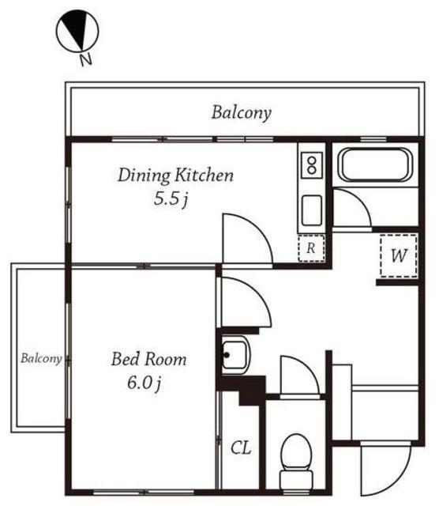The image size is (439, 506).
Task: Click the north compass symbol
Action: (77, 31)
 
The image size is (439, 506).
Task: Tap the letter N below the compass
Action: (86, 59)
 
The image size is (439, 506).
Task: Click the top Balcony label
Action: (242, 113)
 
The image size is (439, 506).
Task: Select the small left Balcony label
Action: (41, 358)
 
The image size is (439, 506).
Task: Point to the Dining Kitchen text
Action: (175, 176)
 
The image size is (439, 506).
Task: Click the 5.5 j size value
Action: (171, 198)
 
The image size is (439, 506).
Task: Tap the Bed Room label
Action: (149, 359)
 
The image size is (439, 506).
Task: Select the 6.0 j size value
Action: (144, 383)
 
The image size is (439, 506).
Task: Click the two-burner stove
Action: (312, 165)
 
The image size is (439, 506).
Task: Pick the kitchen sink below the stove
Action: (312, 210)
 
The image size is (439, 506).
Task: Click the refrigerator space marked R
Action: (311, 248)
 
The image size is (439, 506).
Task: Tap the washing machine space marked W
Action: (399, 256)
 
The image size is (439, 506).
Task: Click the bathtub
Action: (376, 165)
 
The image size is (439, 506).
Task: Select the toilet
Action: (296, 462)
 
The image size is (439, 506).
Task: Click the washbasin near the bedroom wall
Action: (235, 355)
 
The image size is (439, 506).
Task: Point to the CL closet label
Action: (241, 448)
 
